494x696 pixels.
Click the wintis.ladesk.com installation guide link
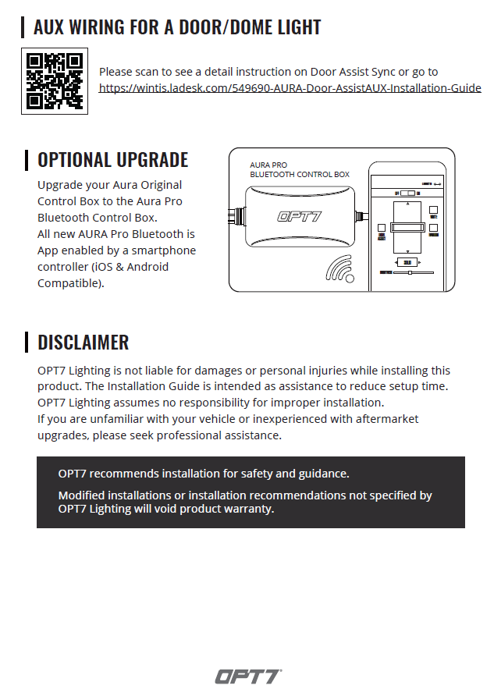click(x=290, y=88)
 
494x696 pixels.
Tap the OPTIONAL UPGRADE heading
click(x=112, y=160)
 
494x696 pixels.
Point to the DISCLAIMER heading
click(x=83, y=342)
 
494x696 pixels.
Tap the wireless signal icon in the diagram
click(x=341, y=270)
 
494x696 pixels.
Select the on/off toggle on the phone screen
click(x=407, y=193)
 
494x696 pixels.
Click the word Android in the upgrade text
click(x=147, y=267)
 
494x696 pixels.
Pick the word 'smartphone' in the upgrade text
click(x=165, y=250)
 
